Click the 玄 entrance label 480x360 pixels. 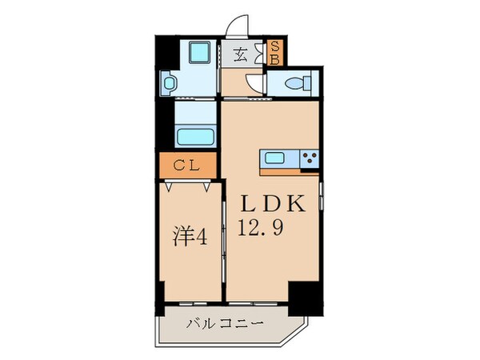click(x=240, y=55)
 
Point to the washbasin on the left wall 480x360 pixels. click(x=169, y=82)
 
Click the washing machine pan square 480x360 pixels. click(x=197, y=54)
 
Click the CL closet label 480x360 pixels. click(x=188, y=167)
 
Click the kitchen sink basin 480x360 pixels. click(x=275, y=158)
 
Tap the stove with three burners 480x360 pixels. click(x=309, y=158)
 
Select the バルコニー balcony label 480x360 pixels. click(x=215, y=324)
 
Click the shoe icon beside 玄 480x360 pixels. click(x=258, y=55)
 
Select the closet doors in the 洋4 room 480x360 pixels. click(x=190, y=186)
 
